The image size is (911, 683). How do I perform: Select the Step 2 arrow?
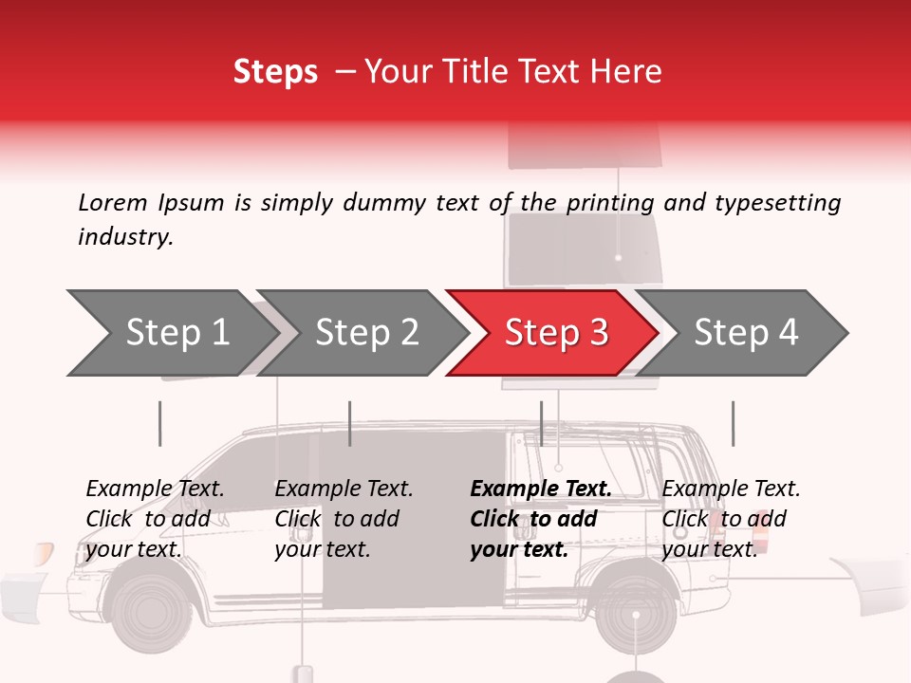coord(366,333)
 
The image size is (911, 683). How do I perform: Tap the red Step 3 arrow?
coord(555,333)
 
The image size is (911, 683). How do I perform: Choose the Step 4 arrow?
coord(746,333)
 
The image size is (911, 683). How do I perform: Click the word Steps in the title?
coord(275,72)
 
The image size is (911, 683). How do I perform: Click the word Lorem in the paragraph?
coord(111,202)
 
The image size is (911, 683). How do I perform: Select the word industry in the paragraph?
coord(124,237)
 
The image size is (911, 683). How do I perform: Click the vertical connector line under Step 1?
coord(159,423)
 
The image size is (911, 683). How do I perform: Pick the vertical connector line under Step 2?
coord(350,423)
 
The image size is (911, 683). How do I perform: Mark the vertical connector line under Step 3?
coord(541,423)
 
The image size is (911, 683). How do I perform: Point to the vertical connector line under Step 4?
coord(733,423)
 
